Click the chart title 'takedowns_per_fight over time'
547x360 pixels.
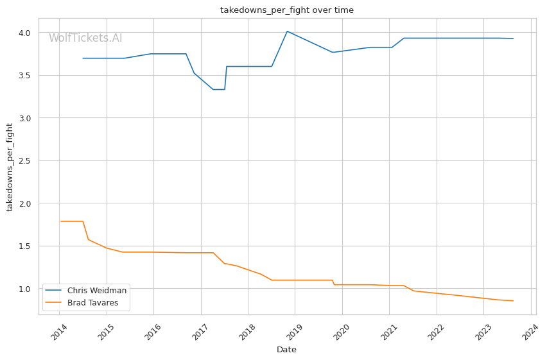[x=286, y=10]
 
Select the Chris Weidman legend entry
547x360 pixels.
[x=96, y=290]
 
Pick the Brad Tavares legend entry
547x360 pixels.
[x=96, y=302]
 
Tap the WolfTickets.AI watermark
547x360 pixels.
[x=85, y=38]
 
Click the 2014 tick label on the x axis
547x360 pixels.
[x=58, y=334]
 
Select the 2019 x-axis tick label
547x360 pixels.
[x=293, y=334]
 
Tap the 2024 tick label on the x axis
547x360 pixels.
[x=529, y=334]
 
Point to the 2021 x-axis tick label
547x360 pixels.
[x=388, y=334]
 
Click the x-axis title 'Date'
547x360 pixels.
[x=286, y=350]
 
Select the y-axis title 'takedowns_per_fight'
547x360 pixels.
[x=10, y=167]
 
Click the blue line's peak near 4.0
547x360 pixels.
[x=287, y=31]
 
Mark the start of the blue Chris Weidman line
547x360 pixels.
[x=83, y=58]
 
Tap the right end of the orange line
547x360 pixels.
[x=513, y=301]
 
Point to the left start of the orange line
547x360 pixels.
[x=60, y=221]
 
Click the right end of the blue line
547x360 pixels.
[x=513, y=39]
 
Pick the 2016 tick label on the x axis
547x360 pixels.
[x=152, y=334]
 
